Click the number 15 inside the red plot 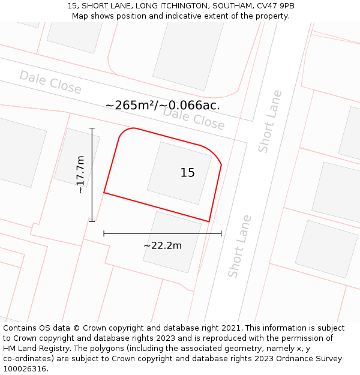click(187, 173)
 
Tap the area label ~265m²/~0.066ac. click(162, 105)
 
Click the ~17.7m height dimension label click(81, 175)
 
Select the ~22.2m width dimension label click(162, 245)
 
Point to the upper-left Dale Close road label click(50, 82)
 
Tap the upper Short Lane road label click(270, 121)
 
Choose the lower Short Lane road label click(240, 246)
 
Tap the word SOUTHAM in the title click(230, 6)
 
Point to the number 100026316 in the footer click(25, 368)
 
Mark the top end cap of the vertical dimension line click(92, 128)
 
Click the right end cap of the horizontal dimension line click(221, 233)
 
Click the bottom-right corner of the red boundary click(209, 221)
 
